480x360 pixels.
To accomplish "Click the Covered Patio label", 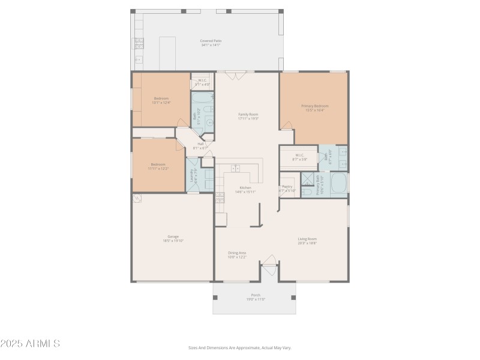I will pyautogui.click(x=211, y=43).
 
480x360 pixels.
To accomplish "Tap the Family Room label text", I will pyautogui.click(x=248, y=116).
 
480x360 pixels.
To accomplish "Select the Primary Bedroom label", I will pyautogui.click(x=314, y=108).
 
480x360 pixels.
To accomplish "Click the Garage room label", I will pyautogui.click(x=173, y=238).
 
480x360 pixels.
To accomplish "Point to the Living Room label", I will pyautogui.click(x=307, y=241).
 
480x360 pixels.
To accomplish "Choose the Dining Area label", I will pyautogui.click(x=237, y=254).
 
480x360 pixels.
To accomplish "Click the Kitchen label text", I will pyautogui.click(x=246, y=190).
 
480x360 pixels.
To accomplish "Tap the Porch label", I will pyautogui.click(x=256, y=296).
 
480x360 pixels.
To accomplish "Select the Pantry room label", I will pyautogui.click(x=287, y=188).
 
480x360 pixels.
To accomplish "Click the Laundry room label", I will pyautogui.click(x=192, y=175).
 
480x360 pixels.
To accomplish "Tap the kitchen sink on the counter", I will pyautogui.click(x=236, y=169).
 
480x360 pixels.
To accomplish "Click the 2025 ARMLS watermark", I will pyautogui.click(x=30, y=344).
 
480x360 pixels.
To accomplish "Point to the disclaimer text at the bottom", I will pyautogui.click(x=239, y=347).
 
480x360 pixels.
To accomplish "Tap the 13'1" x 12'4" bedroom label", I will pyautogui.click(x=161, y=100).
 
